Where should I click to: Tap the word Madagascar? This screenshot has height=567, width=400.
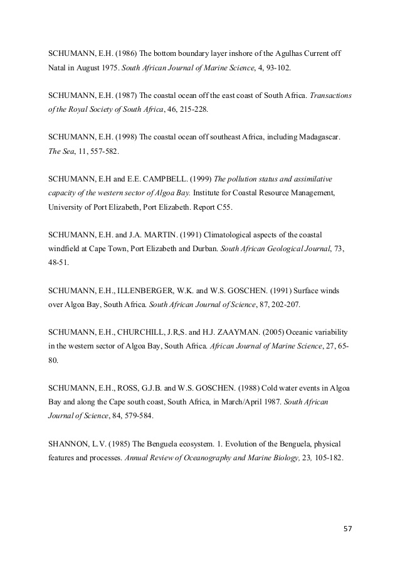click(x=311, y=137)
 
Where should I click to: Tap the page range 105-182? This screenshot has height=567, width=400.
click(x=322, y=458)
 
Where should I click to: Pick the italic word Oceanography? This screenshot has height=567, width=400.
click(x=209, y=458)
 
